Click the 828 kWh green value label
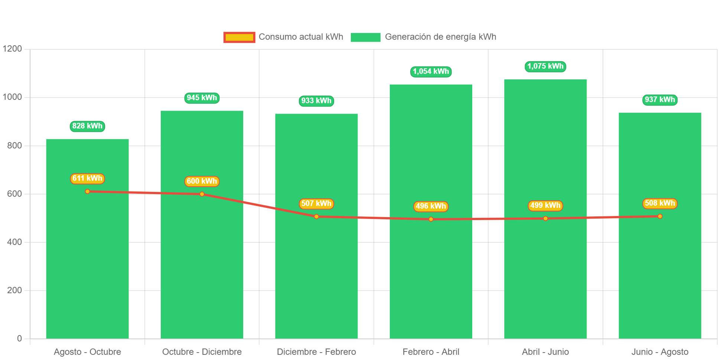click(87, 126)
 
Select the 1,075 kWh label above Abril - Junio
click(545, 66)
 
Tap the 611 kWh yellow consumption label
click(87, 179)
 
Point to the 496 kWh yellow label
click(431, 206)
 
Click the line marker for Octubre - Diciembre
click(202, 194)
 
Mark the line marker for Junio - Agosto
click(660, 216)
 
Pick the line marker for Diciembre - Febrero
click(316, 217)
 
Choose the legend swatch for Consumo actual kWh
click(239, 37)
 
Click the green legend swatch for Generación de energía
click(365, 37)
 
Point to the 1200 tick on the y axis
click(12, 49)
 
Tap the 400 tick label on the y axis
click(14, 242)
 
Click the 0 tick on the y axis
click(19, 338)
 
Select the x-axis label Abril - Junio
click(545, 352)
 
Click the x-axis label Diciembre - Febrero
click(316, 352)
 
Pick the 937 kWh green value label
click(660, 100)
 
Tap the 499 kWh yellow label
click(545, 206)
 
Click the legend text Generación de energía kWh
click(440, 37)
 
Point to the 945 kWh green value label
click(202, 98)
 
